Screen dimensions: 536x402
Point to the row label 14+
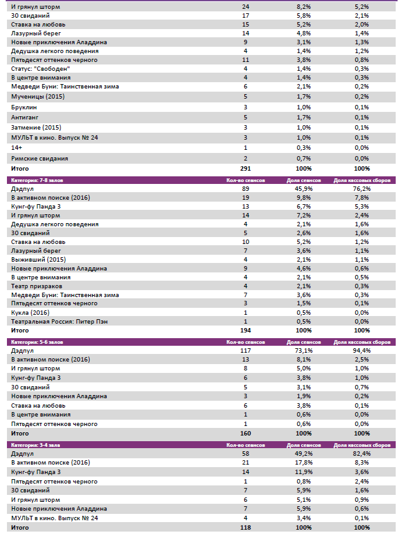click(16, 147)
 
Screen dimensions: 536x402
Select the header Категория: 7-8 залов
click(37, 180)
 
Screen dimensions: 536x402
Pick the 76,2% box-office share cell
click(362, 188)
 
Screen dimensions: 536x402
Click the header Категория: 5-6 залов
click(37, 342)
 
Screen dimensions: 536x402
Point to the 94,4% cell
click(362, 350)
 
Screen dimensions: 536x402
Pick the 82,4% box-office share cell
click(362, 454)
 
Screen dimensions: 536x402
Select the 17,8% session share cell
click(304, 463)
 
